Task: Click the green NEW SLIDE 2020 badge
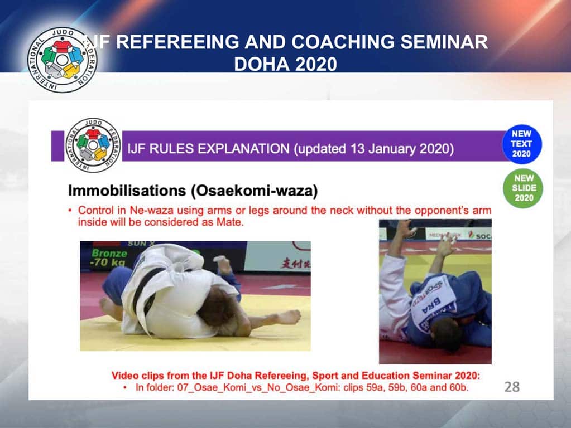pyautogui.click(x=524, y=188)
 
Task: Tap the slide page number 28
pyautogui.click(x=511, y=386)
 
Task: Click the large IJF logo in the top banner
pyautogui.click(x=63, y=60)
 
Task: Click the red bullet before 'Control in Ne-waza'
pyautogui.click(x=70, y=211)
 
